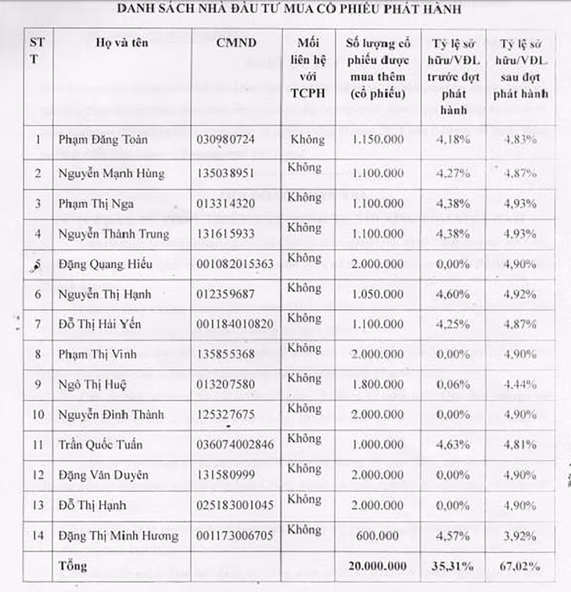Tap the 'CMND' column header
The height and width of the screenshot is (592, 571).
pos(235,43)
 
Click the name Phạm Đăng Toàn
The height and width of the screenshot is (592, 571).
pos(102,140)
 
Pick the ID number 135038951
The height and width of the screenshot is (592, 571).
pos(226,173)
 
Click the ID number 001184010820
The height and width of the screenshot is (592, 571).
pos(235,324)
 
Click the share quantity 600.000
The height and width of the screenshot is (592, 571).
pos(379,536)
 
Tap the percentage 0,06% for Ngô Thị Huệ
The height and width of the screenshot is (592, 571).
pos(454,384)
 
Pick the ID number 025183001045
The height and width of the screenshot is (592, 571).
pos(235,505)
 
